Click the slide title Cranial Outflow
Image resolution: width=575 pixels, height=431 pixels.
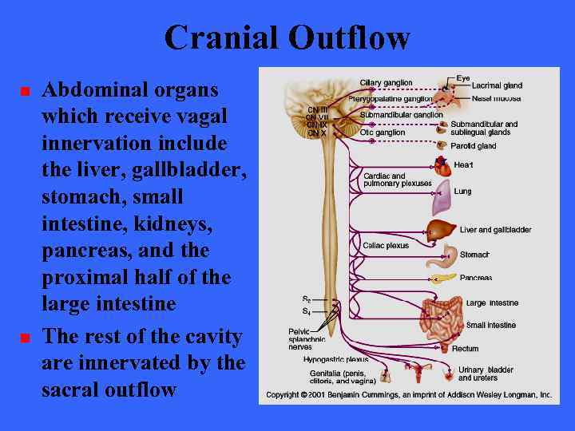click(x=287, y=38)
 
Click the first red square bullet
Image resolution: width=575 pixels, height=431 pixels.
click(x=25, y=92)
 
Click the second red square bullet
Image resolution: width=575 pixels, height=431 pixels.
click(x=25, y=338)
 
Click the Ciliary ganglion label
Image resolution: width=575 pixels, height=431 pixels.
click(x=386, y=83)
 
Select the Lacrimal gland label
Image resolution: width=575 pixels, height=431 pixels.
click(x=497, y=85)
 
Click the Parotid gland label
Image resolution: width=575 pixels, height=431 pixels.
click(x=475, y=146)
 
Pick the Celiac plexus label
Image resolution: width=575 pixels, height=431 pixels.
click(x=385, y=246)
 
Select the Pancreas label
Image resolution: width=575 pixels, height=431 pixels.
click(x=476, y=278)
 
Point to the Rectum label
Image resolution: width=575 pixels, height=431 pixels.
click(x=465, y=349)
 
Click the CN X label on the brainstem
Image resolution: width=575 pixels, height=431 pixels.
click(x=317, y=133)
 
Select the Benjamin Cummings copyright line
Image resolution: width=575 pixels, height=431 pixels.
click(x=409, y=395)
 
